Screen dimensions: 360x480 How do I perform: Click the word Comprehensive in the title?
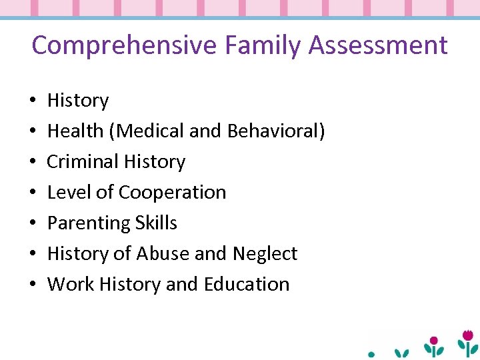click(125, 46)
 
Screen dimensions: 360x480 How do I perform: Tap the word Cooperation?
click(173, 192)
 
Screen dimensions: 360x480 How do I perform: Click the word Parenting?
click(87, 223)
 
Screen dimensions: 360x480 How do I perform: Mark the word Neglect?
click(265, 253)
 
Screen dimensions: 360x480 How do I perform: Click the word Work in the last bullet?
click(71, 284)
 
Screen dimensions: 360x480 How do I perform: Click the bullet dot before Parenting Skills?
click(33, 223)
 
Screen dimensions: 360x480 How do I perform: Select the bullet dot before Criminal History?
click(33, 162)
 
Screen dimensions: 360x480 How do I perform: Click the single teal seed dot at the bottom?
click(371, 353)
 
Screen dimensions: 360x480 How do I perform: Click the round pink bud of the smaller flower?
click(434, 341)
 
